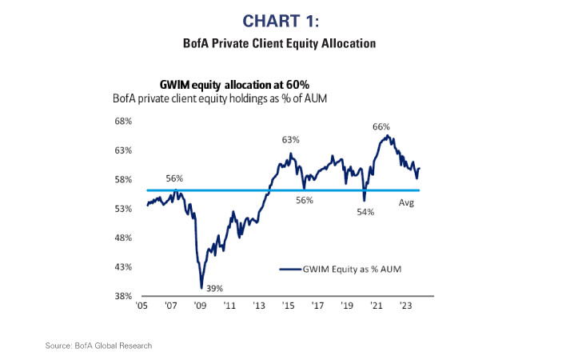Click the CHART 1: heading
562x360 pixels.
tap(281, 18)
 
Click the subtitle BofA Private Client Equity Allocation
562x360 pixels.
tap(281, 43)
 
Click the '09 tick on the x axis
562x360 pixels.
tap(200, 306)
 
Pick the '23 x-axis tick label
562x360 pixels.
tap(405, 306)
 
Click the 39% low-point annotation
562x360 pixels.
tap(214, 288)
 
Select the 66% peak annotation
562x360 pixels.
tap(381, 126)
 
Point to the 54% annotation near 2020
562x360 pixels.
tap(366, 212)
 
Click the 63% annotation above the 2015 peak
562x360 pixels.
tap(289, 140)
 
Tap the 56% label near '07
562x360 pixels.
tap(174, 178)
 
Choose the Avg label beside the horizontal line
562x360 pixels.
tap(406, 203)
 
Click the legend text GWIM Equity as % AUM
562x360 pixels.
tap(353, 270)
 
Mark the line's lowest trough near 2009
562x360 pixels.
tap(201, 287)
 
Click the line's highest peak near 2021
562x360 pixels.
tap(388, 135)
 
